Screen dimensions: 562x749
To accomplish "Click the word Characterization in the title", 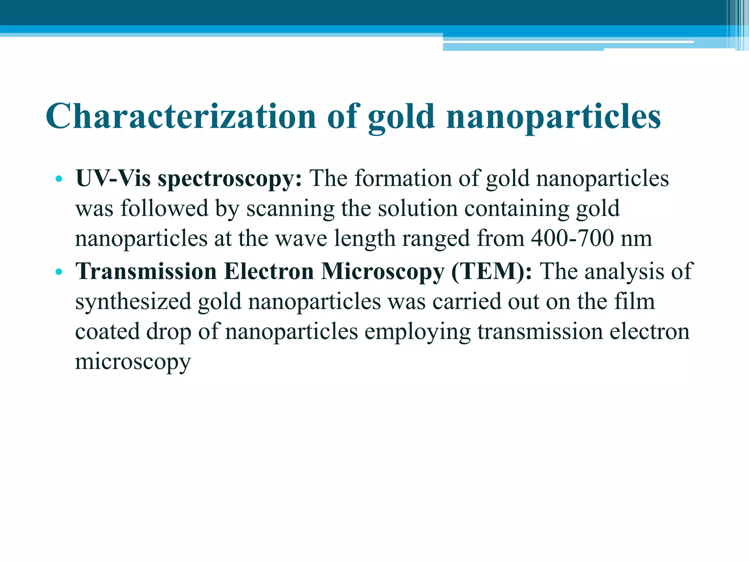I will [x=181, y=116].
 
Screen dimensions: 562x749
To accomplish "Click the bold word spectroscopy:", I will [x=230, y=179].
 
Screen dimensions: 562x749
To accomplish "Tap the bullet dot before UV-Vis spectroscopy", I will [x=58, y=179].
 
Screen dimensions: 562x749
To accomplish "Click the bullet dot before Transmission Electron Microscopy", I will [x=58, y=272].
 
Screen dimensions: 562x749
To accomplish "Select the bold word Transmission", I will [x=146, y=271].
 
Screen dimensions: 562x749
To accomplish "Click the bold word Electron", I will [x=269, y=271].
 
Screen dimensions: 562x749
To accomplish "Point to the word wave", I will [x=301, y=239].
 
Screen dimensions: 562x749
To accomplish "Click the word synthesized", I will [x=133, y=302].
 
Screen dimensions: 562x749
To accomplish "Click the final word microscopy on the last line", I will [x=133, y=362].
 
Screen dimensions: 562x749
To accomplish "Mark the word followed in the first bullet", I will [x=164, y=209].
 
